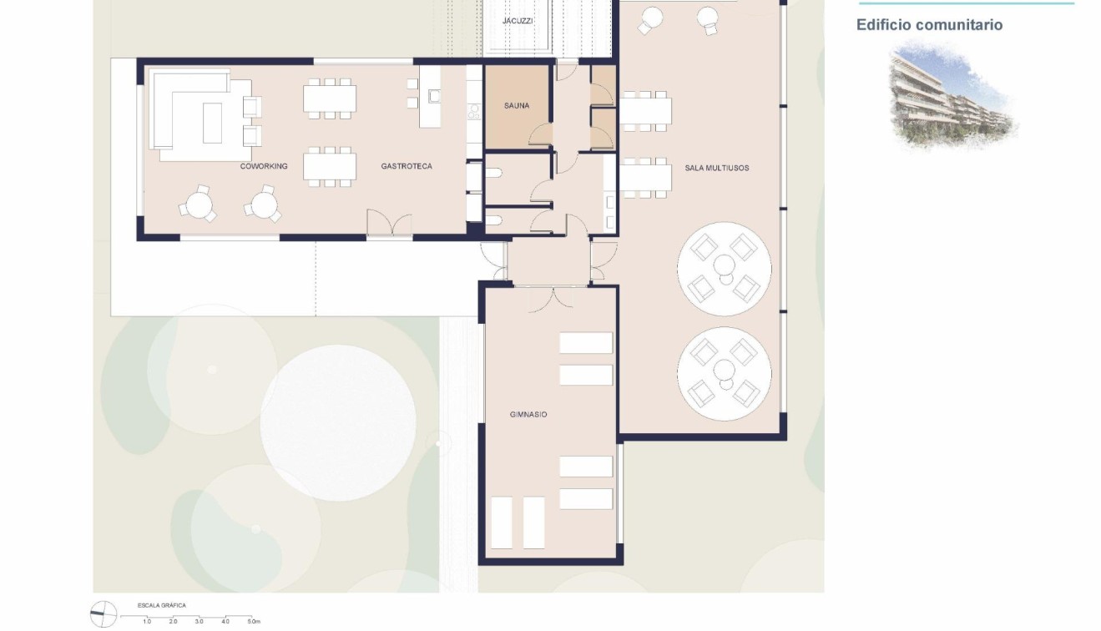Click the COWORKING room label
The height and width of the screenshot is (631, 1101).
click(x=264, y=167)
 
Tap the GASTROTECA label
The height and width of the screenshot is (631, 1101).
click(x=407, y=167)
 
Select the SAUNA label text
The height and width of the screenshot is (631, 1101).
click(x=517, y=106)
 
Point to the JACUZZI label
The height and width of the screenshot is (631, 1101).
click(x=518, y=20)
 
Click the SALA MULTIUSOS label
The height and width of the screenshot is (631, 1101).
click(x=716, y=169)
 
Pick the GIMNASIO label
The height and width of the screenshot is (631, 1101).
click(x=528, y=415)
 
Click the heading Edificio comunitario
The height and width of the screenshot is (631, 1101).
click(x=929, y=25)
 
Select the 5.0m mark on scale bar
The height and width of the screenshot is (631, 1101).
click(x=254, y=622)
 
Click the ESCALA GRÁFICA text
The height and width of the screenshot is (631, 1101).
click(x=162, y=605)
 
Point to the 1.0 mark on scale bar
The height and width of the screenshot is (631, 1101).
click(x=147, y=622)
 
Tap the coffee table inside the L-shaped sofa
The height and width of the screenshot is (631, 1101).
click(x=212, y=123)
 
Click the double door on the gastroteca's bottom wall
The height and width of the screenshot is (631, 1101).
click(x=389, y=225)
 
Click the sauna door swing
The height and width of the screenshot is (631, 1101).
click(x=541, y=134)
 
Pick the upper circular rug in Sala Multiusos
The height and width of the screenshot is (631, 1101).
click(x=724, y=268)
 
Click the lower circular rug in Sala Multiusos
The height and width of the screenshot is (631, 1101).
click(x=724, y=373)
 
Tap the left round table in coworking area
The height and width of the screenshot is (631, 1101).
click(x=199, y=203)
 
